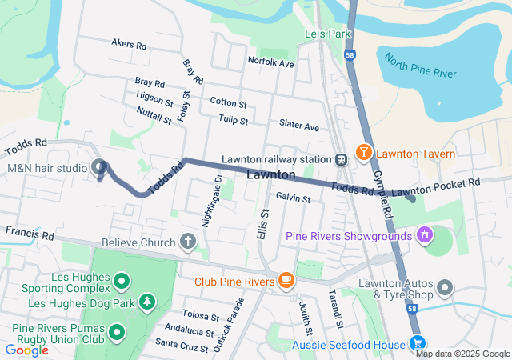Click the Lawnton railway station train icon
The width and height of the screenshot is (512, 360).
click(x=341, y=158)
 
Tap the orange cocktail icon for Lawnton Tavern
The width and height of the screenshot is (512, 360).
click(x=363, y=151)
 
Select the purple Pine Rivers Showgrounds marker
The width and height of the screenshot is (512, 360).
click(x=422, y=235)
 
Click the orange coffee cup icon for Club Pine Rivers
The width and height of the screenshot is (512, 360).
click(x=286, y=280)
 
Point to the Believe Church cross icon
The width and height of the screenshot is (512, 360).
click(x=187, y=241)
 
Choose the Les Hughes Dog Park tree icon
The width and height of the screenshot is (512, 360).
click(x=146, y=302)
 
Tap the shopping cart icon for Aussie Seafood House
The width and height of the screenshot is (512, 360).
click(x=417, y=343)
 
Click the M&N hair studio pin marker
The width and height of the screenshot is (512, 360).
click(x=100, y=167)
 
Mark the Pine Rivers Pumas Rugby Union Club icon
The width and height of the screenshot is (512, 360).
click(x=118, y=330)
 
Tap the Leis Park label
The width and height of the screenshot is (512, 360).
click(x=328, y=34)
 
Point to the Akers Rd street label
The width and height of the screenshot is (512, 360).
click(x=129, y=45)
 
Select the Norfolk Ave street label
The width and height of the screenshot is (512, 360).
click(x=271, y=61)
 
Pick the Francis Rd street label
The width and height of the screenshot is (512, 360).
click(x=29, y=235)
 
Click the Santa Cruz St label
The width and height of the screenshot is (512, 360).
click(x=182, y=344)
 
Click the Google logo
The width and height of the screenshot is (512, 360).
click(x=26, y=350)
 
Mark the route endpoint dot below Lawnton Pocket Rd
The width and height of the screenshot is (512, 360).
click(x=412, y=199)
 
